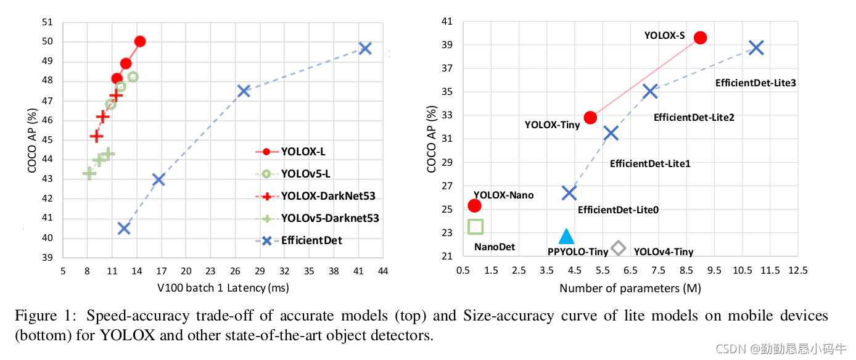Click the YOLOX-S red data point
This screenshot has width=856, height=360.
[x=700, y=38]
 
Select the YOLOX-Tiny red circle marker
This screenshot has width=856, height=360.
[x=590, y=117]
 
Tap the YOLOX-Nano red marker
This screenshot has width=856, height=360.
[x=474, y=205]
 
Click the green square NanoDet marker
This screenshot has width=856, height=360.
[x=475, y=226]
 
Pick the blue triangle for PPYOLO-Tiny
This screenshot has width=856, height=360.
[x=566, y=236]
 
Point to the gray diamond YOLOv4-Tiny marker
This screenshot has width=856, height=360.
[x=618, y=248]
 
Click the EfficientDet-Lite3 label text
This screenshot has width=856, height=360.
[x=755, y=82]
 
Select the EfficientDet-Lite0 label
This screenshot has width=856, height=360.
[x=618, y=210]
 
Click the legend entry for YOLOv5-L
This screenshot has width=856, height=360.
[x=305, y=173]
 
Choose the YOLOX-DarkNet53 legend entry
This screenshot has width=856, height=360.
[x=327, y=196]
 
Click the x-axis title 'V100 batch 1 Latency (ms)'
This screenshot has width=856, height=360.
[x=223, y=287]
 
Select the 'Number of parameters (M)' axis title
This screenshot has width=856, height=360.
[x=630, y=288]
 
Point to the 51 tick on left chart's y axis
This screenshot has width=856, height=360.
[x=48, y=23]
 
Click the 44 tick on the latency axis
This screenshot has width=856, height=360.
[x=383, y=271]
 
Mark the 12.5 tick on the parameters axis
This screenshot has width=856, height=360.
[x=797, y=271]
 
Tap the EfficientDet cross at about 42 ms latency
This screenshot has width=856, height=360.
[x=365, y=48]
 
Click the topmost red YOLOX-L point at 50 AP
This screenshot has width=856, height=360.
[x=139, y=41]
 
